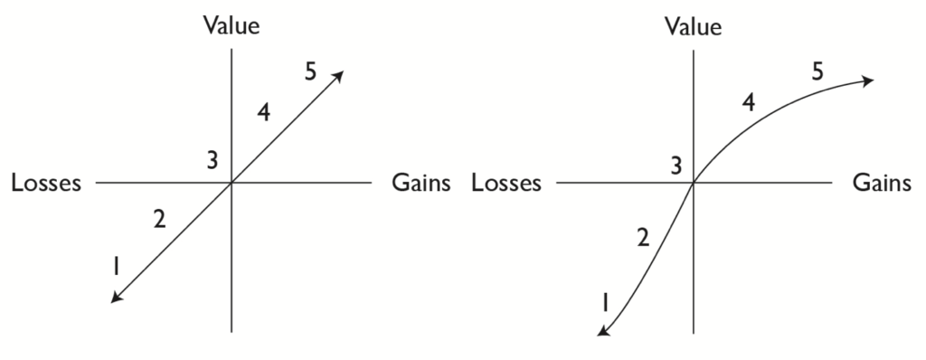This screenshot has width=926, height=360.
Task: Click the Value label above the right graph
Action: coord(693,25)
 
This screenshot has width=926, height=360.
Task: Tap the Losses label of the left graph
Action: coord(46,184)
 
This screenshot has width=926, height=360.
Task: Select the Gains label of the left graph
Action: coord(420,184)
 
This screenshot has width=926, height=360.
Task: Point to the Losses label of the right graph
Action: coord(506,184)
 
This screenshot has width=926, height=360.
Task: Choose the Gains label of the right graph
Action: coord(882,184)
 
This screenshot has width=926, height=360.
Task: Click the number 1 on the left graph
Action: coord(116,266)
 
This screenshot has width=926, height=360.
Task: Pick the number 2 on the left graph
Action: coord(159,219)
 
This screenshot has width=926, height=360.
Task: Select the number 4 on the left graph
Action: coord(263,113)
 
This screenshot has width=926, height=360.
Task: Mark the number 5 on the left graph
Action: coord(310,72)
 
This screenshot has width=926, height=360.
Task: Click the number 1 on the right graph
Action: coord(605,302)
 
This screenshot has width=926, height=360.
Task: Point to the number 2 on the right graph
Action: coord(643,238)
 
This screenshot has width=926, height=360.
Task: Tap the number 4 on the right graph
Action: coord(748,102)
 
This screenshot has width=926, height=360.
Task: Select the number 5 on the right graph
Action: coord(817,72)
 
